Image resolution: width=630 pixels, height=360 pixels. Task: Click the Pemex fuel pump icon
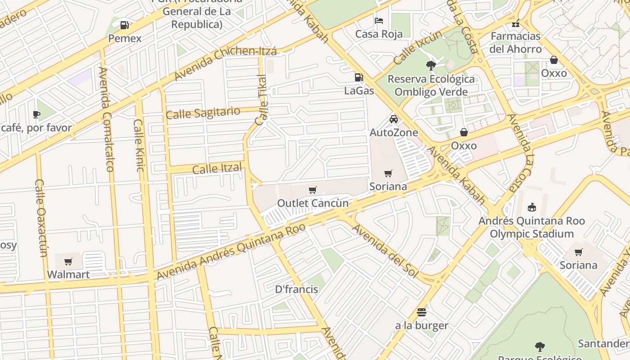125,25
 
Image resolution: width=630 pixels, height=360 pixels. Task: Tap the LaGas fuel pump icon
359,77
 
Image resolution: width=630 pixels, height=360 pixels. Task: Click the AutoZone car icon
394,119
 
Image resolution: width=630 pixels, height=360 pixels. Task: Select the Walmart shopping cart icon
68,261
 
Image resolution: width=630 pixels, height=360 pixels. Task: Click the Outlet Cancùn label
313,203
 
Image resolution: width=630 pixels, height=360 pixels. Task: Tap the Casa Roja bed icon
379,21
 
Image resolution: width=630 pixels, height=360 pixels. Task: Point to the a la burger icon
422,312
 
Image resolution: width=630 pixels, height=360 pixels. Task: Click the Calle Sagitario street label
202,113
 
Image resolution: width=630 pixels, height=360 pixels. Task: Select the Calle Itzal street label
217,169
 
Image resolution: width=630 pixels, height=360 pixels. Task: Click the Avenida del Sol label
385,251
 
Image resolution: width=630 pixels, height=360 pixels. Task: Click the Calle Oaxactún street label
41,218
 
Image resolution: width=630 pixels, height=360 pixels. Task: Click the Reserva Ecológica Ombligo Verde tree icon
431,66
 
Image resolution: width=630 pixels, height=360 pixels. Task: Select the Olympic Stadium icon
531,207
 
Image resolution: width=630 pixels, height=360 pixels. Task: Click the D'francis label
297,289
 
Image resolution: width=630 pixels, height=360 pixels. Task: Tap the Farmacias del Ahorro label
515,42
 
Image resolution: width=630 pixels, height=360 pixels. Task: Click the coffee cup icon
36,115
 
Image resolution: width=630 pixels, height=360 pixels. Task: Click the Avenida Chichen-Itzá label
225,63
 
